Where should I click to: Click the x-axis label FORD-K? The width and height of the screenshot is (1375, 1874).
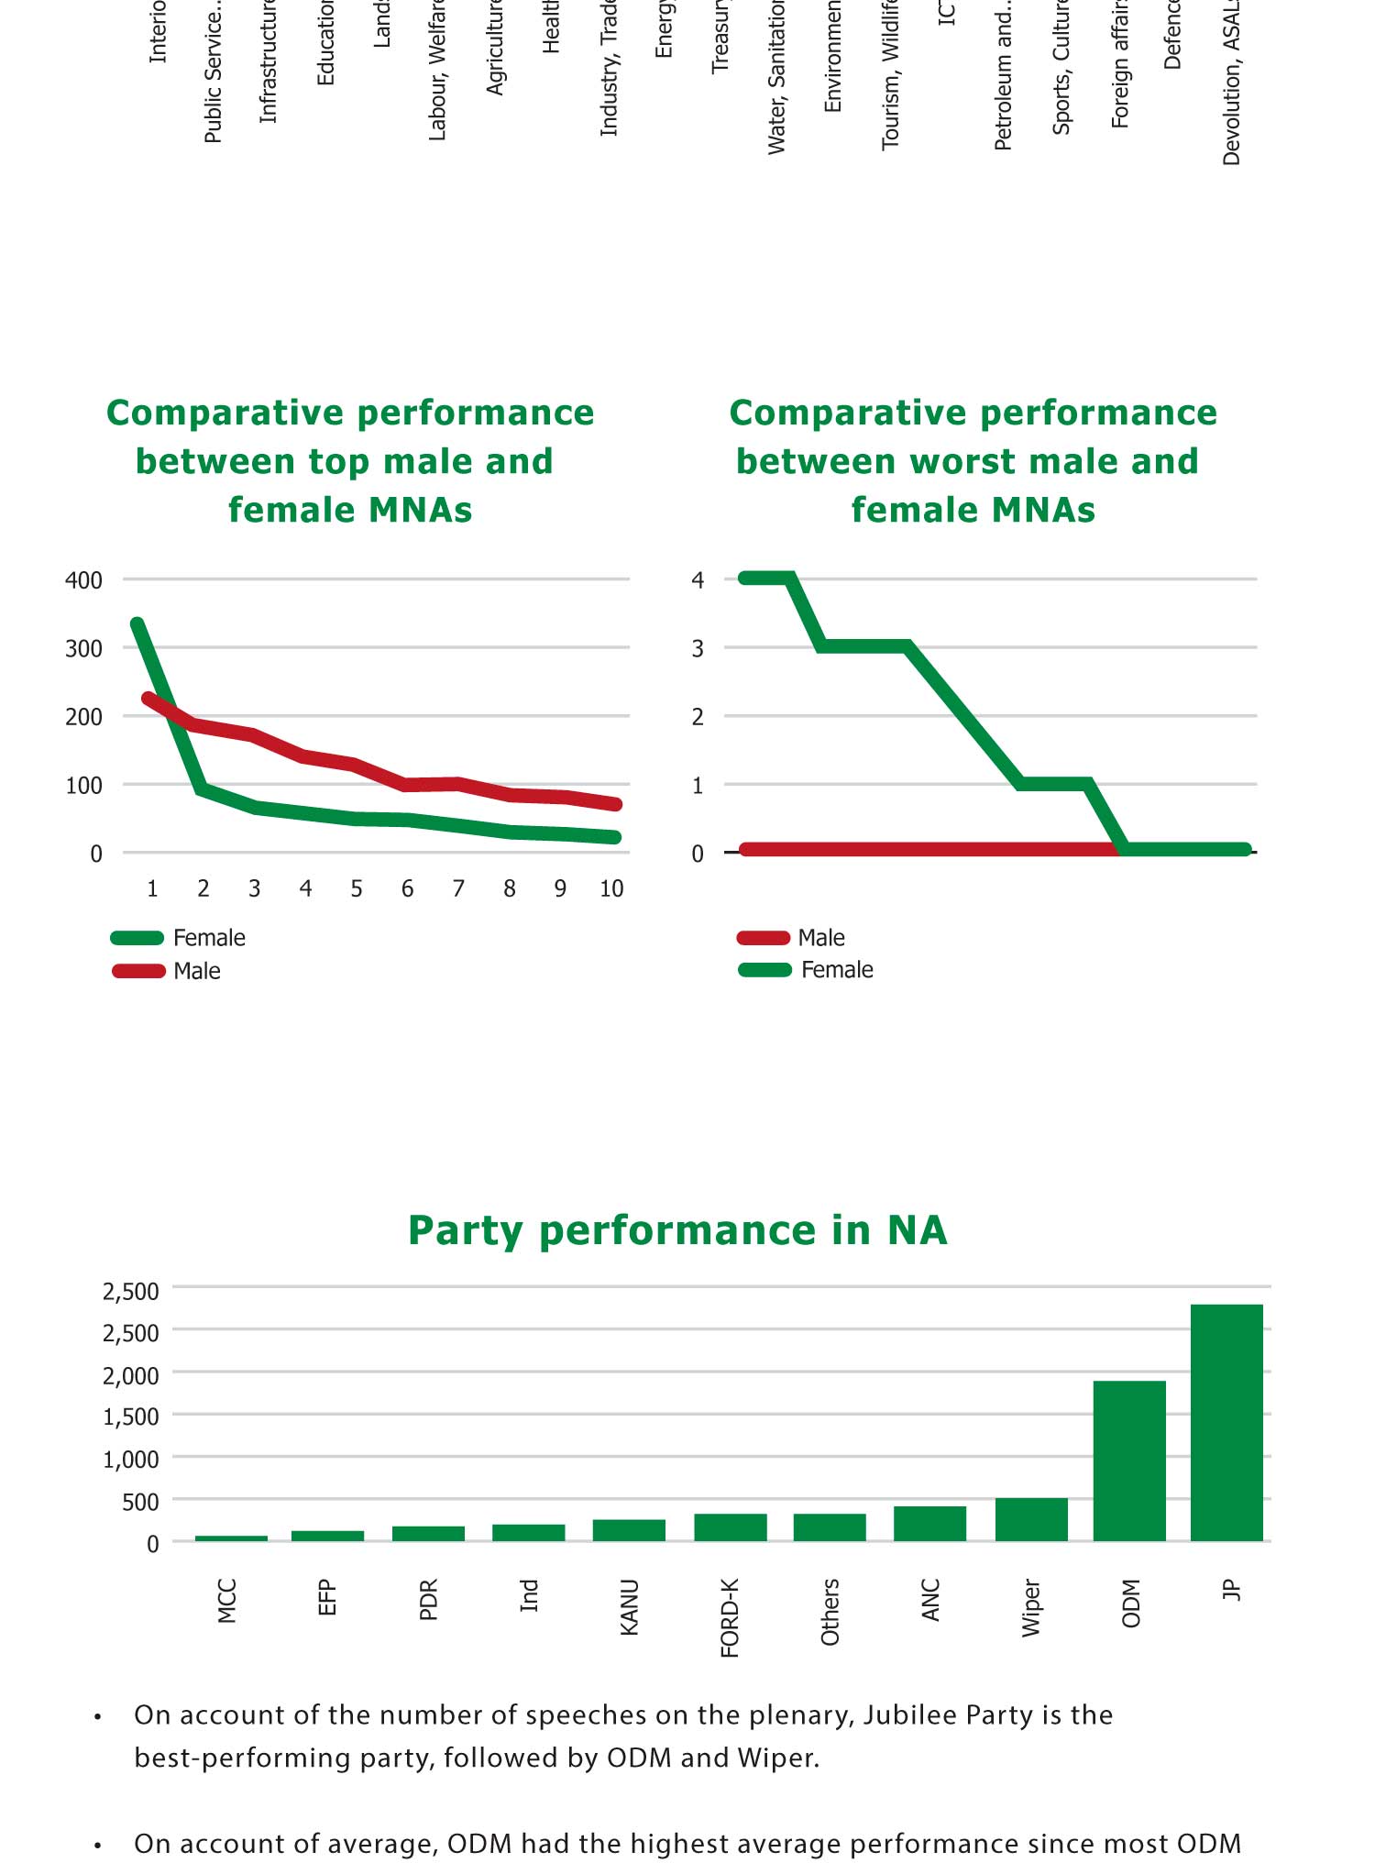pyautogui.click(x=730, y=1618)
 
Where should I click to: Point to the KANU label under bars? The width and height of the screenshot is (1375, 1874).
pyautogui.click(x=629, y=1606)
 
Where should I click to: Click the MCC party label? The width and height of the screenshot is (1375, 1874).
pyautogui.click(x=227, y=1601)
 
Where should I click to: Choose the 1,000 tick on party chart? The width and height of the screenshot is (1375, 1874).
pyautogui.click(x=131, y=1460)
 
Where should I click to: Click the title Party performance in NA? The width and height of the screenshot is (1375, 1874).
pyautogui.click(x=676, y=1230)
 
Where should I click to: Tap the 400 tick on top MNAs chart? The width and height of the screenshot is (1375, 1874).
pyautogui.click(x=83, y=580)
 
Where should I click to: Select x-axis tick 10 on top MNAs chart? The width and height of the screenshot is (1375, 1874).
pyautogui.click(x=610, y=888)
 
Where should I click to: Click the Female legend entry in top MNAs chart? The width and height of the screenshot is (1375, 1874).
pyautogui.click(x=209, y=938)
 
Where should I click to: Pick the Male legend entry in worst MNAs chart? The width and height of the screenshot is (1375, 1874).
pyautogui.click(x=820, y=938)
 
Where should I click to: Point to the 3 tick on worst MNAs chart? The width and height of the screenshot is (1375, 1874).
pyautogui.click(x=698, y=648)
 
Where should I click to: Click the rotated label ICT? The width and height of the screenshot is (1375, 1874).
pyautogui.click(x=947, y=14)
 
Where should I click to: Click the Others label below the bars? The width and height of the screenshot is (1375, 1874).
pyautogui.click(x=830, y=1612)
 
